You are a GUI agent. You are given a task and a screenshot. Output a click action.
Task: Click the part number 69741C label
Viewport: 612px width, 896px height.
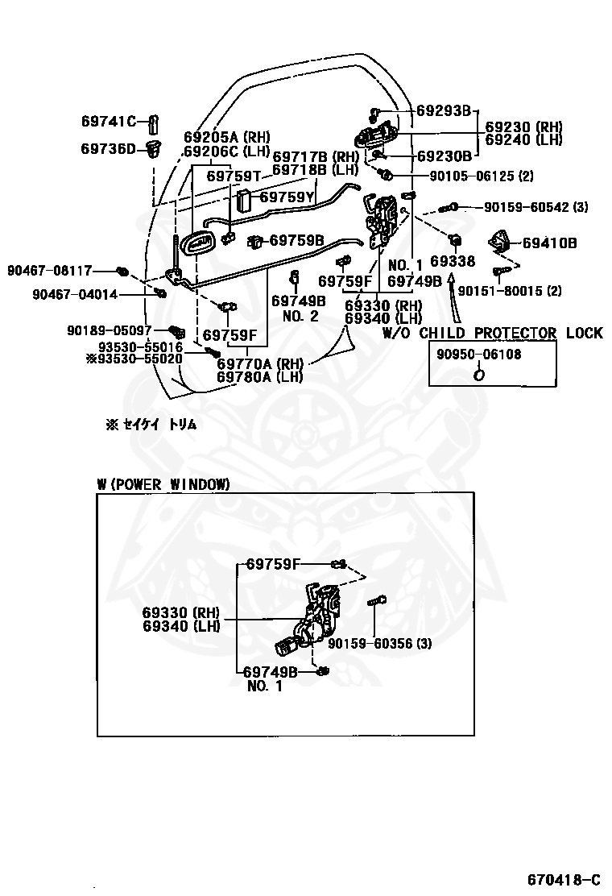tap(109, 122)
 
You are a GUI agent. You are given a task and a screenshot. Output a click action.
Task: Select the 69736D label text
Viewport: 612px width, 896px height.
tap(109, 147)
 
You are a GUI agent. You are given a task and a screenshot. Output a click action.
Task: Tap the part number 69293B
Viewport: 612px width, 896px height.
tap(444, 111)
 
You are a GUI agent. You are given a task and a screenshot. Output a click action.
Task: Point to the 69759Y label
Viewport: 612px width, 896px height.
tap(287, 196)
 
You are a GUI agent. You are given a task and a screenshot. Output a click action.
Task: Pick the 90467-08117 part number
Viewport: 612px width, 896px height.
tap(50, 270)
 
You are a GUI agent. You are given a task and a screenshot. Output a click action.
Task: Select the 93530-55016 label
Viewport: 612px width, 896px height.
tap(140, 347)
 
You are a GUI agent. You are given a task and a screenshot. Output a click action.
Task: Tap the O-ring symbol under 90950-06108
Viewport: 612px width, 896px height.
tap(478, 373)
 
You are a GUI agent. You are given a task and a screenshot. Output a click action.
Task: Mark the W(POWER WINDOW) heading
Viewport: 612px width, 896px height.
tap(163, 483)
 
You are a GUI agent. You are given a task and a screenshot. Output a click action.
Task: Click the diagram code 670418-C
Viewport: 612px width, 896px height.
tap(563, 877)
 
